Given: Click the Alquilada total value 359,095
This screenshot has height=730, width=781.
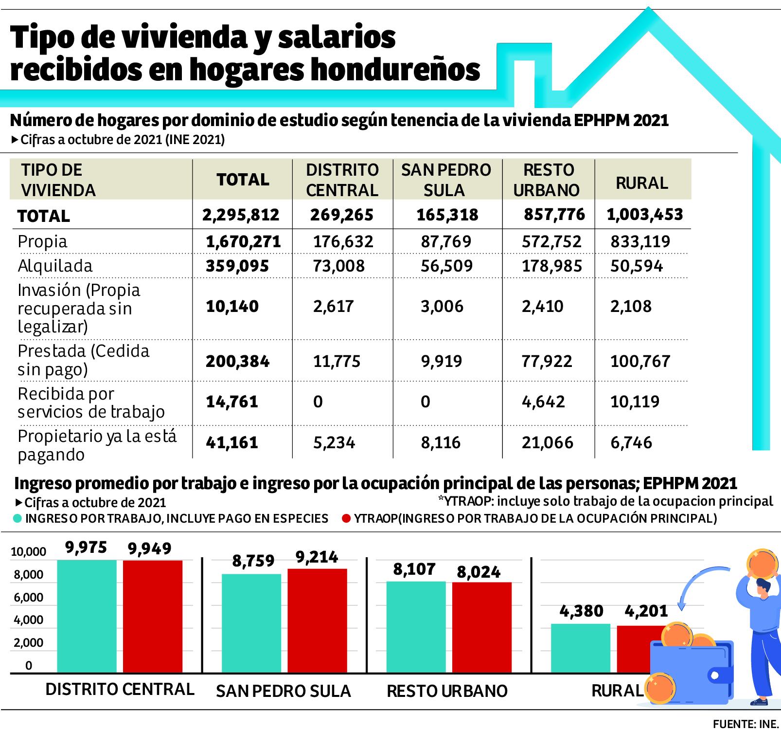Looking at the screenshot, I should click(237, 266).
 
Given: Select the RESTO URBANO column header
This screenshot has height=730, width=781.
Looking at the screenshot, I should click(547, 180).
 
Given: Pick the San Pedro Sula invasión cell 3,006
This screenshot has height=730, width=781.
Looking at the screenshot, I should click(442, 307).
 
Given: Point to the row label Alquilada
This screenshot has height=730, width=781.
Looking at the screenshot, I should click(55, 266).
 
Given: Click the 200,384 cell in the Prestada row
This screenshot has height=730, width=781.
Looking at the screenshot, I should click(237, 362).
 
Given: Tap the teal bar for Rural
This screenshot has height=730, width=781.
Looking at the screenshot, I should click(581, 648).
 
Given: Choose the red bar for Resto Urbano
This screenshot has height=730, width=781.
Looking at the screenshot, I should click(481, 627).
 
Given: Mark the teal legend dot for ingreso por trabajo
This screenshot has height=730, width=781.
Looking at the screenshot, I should click(18, 519).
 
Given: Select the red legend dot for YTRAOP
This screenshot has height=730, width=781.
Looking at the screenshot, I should click(346, 519).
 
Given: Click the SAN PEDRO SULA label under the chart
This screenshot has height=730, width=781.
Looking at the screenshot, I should click(283, 691).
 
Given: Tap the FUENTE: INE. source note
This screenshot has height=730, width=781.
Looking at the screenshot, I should click(745, 723).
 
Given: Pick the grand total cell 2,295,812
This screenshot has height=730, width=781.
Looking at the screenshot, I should click(242, 215).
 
